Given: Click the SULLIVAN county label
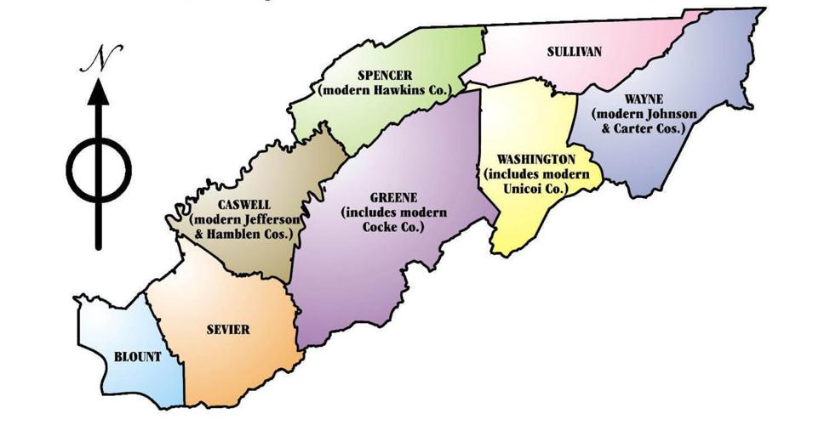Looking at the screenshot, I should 574,53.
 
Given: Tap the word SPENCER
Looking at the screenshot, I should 386,76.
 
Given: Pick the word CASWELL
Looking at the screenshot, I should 243,205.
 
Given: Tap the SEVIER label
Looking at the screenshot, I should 228,330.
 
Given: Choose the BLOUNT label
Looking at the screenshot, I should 137,357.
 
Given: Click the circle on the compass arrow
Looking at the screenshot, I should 100,166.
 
